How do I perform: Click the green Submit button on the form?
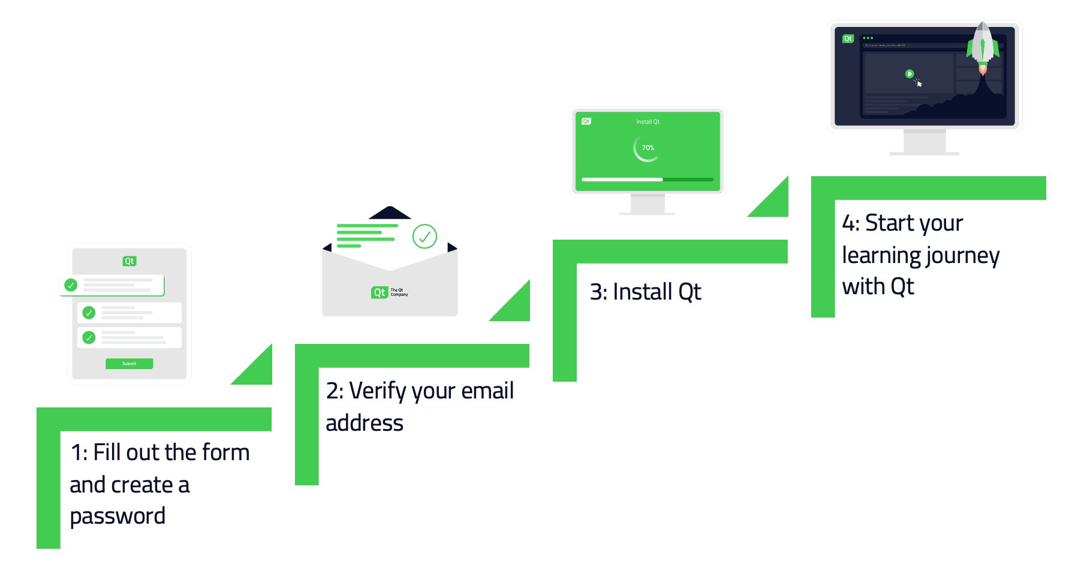tap(130, 364)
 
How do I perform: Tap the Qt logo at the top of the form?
tap(130, 261)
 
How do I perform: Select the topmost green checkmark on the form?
tap(71, 285)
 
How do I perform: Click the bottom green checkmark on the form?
tap(89, 337)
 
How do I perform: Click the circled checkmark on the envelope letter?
tap(424, 237)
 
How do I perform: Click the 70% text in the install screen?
tap(648, 148)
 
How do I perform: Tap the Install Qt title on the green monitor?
tap(648, 122)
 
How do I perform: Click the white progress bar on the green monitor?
tap(622, 179)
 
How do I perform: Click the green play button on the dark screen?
tap(909, 74)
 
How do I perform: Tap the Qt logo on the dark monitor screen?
tap(848, 38)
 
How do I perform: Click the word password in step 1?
tap(118, 516)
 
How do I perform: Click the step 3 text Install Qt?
tap(646, 292)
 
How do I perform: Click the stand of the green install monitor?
tap(648, 204)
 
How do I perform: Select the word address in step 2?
tap(365, 424)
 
